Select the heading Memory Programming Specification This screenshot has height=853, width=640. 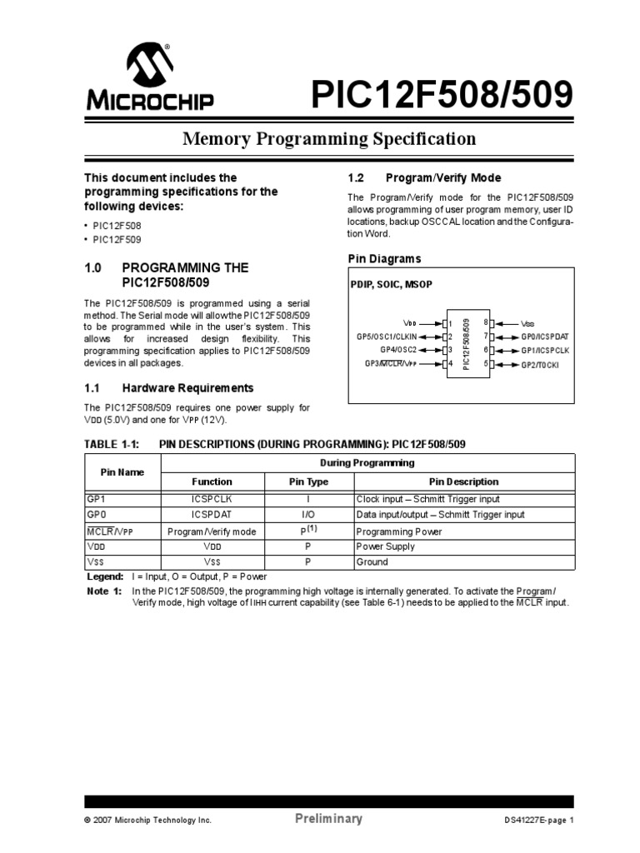click(x=329, y=139)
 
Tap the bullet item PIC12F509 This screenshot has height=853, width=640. click(x=117, y=239)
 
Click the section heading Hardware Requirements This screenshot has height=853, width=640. click(x=187, y=388)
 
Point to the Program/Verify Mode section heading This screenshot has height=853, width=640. click(x=442, y=177)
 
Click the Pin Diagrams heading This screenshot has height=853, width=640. click(x=384, y=259)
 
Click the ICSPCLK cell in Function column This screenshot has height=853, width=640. click(x=212, y=499)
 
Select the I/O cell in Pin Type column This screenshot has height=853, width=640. click(x=308, y=515)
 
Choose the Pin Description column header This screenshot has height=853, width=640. click(x=463, y=481)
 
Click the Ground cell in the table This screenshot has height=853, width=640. click(x=372, y=562)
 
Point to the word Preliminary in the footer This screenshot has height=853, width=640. click(x=329, y=819)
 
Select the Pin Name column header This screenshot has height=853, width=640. click(x=122, y=472)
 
